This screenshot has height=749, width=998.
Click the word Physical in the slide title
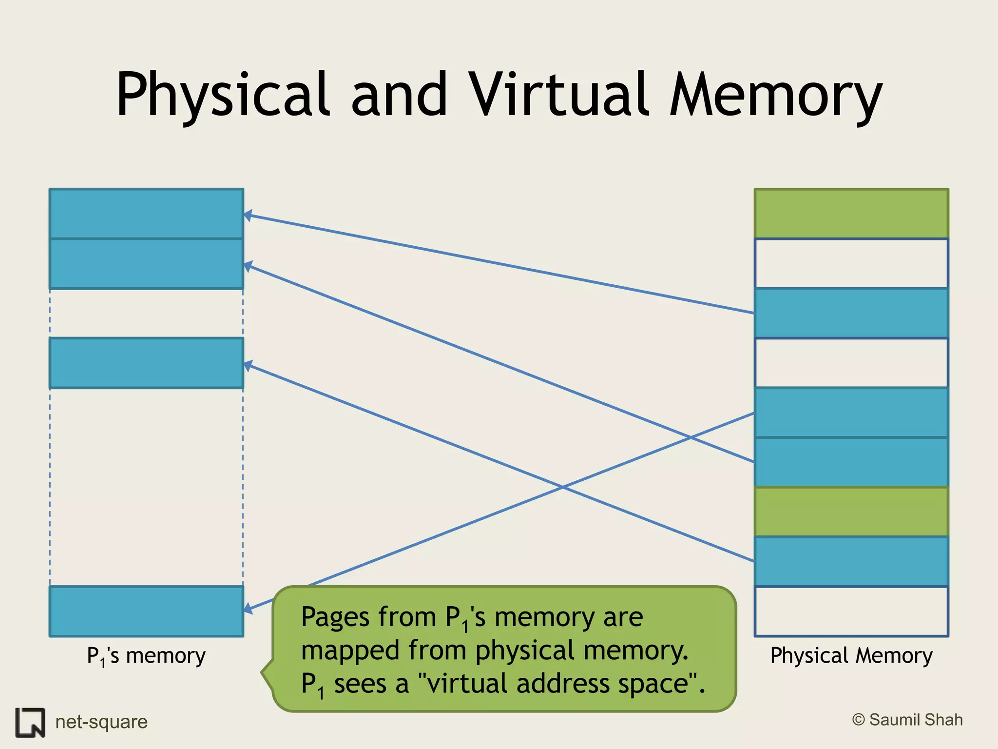pos(222,95)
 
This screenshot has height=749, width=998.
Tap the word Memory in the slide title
pos(775,95)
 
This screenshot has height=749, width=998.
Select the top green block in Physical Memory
pos(851,214)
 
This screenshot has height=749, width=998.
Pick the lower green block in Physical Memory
pos(851,512)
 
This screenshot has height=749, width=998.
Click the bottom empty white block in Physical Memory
pos(851,611)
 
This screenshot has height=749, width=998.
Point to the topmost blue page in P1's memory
pos(146,214)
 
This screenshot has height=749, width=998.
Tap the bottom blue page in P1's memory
pos(146,611)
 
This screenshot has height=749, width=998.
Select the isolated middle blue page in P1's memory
pos(146,363)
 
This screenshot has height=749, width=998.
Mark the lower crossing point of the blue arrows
pos(562,487)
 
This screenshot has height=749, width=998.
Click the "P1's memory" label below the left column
pos(146,656)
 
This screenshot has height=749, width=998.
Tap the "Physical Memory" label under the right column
pos(851,656)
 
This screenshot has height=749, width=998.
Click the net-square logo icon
pos(30,722)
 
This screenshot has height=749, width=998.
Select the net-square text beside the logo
pos(101,722)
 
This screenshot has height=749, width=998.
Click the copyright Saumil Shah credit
pos(907,720)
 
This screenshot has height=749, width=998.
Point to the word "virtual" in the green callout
pos(468,684)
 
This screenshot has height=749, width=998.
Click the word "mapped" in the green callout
pos(351,650)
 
